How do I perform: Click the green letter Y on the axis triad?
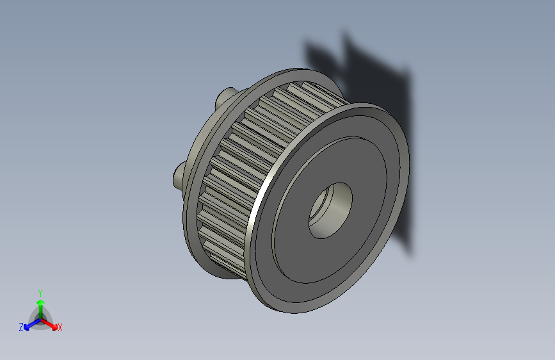(x=40, y=292)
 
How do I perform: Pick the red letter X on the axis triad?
(x=60, y=328)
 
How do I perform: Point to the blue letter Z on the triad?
(x=21, y=327)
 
